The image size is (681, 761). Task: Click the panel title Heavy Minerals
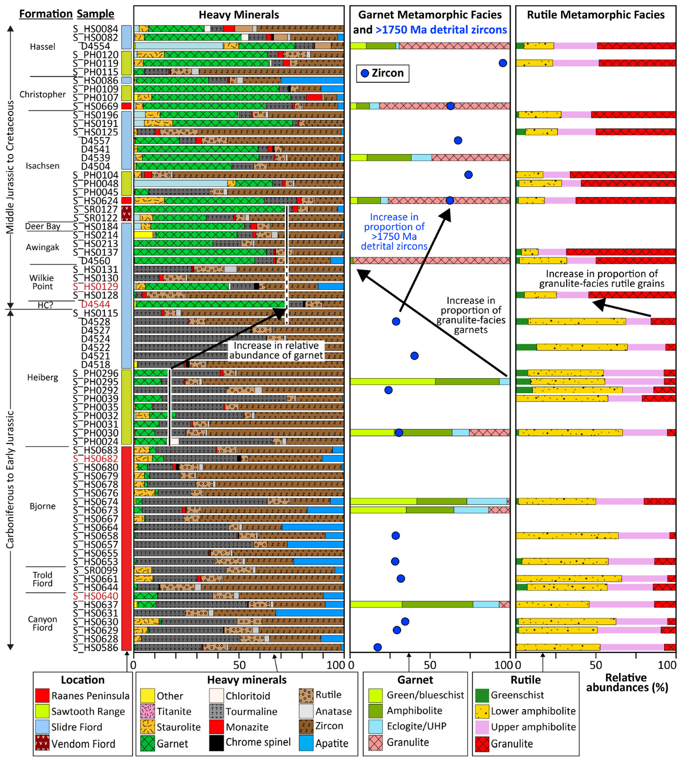(x=239, y=15)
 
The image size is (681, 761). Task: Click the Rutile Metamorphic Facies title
(x=595, y=15)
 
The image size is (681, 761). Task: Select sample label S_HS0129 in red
(x=95, y=286)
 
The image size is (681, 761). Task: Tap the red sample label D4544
(x=95, y=304)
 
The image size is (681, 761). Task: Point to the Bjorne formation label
(x=42, y=506)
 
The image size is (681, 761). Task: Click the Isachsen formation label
(x=42, y=166)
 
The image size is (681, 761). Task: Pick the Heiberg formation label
(x=42, y=377)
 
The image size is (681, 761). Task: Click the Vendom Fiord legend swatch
(x=42, y=743)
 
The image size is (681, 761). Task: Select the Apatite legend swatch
(x=306, y=743)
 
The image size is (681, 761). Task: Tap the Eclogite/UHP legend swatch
(x=376, y=727)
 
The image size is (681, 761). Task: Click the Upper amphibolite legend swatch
(x=482, y=727)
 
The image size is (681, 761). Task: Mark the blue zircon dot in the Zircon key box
(x=365, y=73)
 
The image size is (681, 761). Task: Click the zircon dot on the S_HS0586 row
(x=377, y=647)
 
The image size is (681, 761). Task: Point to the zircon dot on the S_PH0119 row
(x=503, y=63)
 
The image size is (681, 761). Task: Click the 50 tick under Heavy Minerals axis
(x=239, y=665)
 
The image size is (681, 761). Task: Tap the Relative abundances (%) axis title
(x=626, y=682)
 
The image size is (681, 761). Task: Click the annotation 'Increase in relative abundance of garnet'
(x=276, y=350)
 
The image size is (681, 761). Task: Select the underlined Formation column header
(x=46, y=14)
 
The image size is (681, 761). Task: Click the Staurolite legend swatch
(x=148, y=727)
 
